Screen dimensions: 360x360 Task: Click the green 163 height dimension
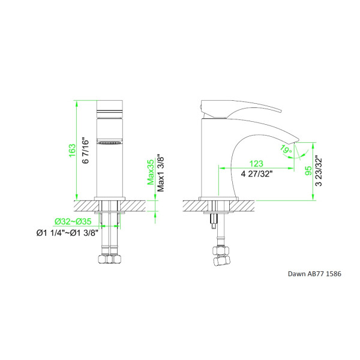[x=72, y=151]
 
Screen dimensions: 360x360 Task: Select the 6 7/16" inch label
[x=85, y=151]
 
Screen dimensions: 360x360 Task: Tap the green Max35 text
[x=151, y=172]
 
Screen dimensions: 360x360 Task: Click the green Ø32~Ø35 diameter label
[x=73, y=221]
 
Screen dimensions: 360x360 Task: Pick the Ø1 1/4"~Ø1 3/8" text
[x=67, y=233]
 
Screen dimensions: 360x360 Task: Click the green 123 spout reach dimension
[x=256, y=164]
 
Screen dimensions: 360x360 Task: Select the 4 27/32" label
[x=257, y=174]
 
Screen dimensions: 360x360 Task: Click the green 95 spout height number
[x=308, y=170]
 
